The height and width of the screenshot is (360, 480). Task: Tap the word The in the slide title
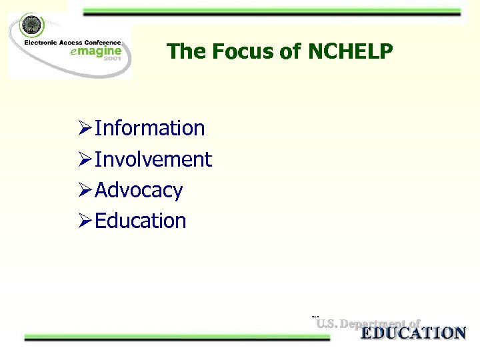[x=187, y=51]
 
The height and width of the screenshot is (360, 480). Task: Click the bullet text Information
[x=150, y=128]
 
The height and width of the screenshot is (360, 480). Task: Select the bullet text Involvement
[x=153, y=159]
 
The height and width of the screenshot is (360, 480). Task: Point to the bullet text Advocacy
[x=139, y=190]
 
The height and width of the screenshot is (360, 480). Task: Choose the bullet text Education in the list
[x=141, y=221]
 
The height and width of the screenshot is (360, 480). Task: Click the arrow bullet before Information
[x=85, y=128]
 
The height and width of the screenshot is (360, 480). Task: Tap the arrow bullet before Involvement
[x=85, y=159]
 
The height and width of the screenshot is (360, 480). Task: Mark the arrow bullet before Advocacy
[x=85, y=190]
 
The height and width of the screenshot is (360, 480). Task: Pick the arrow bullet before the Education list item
[x=85, y=221]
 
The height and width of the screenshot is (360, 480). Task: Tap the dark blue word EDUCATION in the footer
[x=413, y=333]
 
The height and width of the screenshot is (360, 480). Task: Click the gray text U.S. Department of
[x=368, y=324]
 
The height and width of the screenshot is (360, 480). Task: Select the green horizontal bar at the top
[x=267, y=12]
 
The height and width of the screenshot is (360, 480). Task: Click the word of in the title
[x=291, y=51]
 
